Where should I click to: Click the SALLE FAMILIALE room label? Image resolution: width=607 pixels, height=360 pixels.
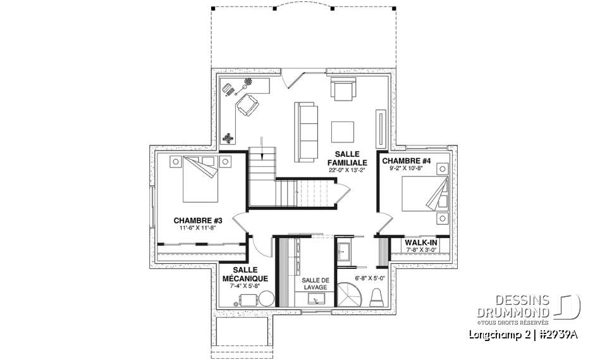point(347,158)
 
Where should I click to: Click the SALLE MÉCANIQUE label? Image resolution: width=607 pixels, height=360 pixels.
point(245,274)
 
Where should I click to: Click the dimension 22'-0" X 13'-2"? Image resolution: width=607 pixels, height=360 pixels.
point(347,170)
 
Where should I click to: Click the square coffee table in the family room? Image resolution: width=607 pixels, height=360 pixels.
point(344,132)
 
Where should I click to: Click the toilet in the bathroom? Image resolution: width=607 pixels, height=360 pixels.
point(377,297)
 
